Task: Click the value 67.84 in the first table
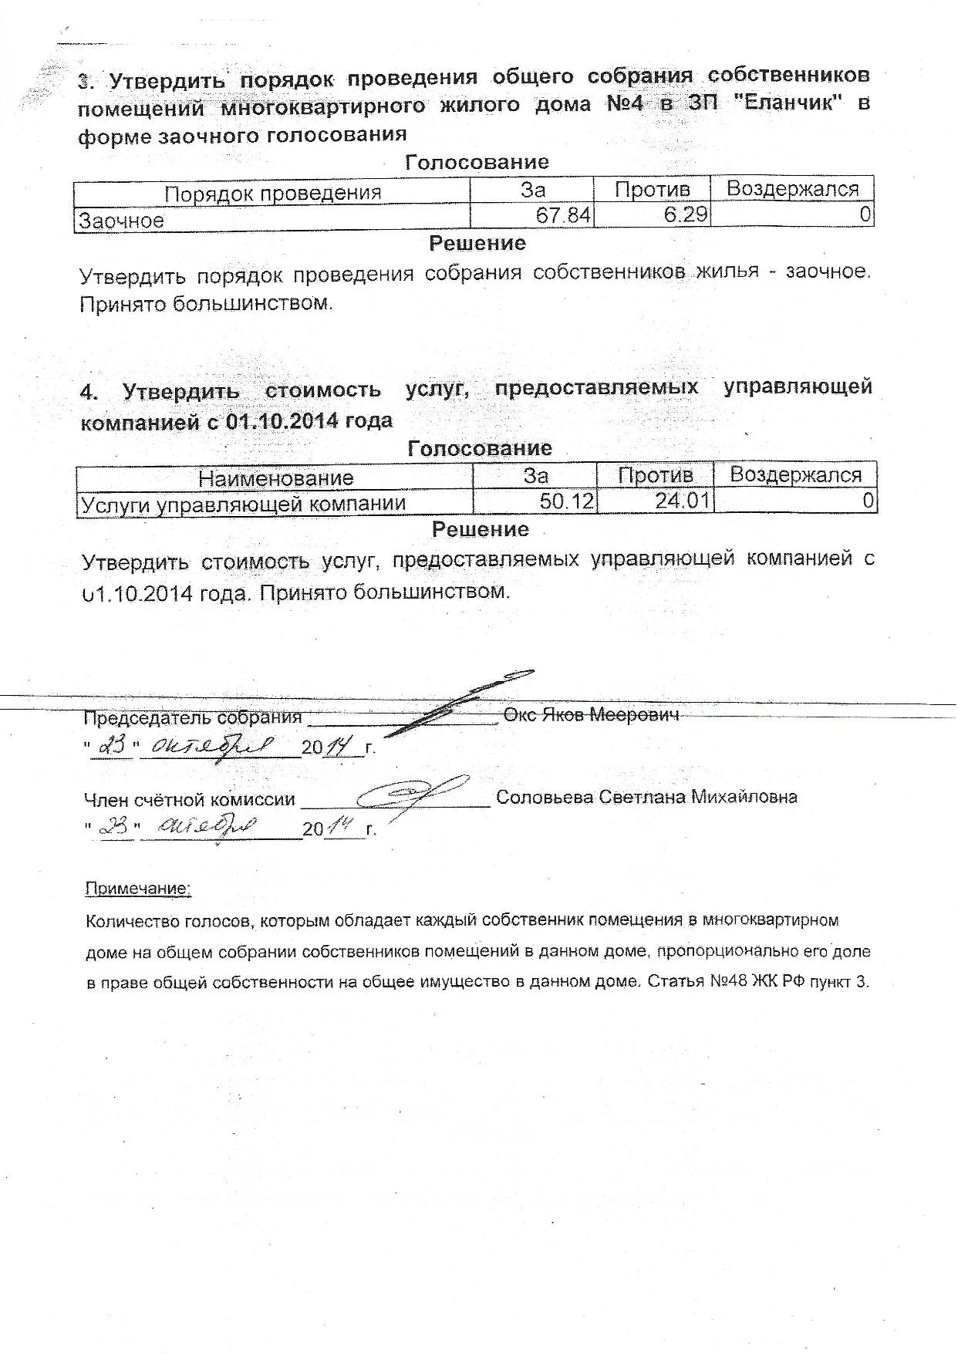click(x=562, y=215)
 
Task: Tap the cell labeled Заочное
click(x=122, y=221)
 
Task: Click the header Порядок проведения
click(x=272, y=193)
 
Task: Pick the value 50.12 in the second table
click(x=566, y=502)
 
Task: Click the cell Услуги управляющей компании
click(x=244, y=504)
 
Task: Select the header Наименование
click(x=275, y=478)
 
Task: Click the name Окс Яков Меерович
click(x=592, y=714)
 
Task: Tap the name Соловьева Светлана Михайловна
click(x=646, y=797)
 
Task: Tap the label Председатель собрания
click(x=192, y=717)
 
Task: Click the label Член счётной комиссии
click(x=189, y=800)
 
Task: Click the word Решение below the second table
click(x=480, y=529)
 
